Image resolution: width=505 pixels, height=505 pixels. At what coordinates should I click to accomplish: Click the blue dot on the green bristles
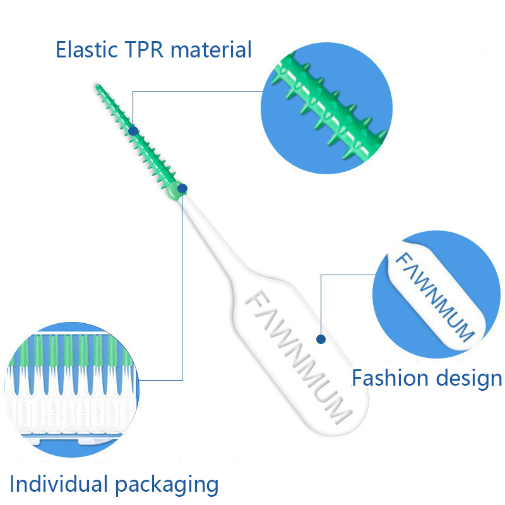(x=133, y=131)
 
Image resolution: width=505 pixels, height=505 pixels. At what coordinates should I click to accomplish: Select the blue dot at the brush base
(x=182, y=188)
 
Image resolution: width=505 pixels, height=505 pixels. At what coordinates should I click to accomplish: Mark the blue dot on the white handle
(x=321, y=339)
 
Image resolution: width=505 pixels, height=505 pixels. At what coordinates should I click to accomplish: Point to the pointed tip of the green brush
(x=98, y=86)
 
